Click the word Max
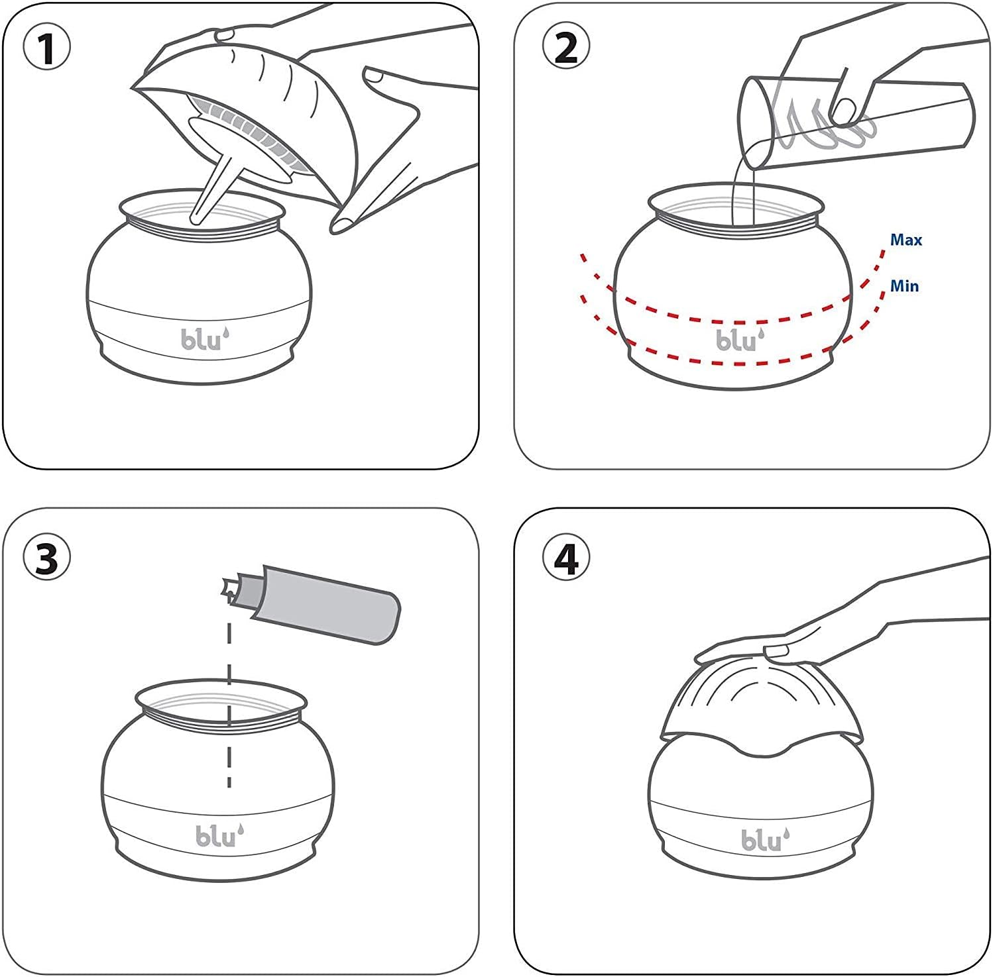(x=905, y=240)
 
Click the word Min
(x=904, y=286)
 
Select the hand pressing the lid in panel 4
(x=829, y=629)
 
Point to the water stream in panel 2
(x=743, y=192)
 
